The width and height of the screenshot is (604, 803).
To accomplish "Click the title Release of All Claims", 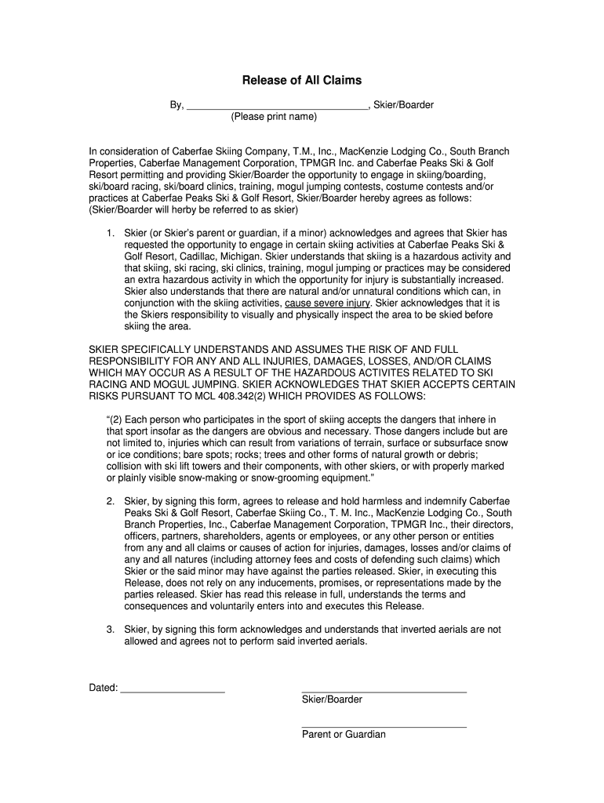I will [302, 80].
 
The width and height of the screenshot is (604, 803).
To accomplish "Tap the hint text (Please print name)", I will [274, 117].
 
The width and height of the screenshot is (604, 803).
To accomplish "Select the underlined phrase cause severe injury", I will [328, 303].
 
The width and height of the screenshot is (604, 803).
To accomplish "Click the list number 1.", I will [111, 233].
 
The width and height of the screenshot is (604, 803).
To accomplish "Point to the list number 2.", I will [111, 501].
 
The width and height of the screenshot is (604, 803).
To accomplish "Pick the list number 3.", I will [111, 629].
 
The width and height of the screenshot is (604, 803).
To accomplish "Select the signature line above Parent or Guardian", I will [384, 727].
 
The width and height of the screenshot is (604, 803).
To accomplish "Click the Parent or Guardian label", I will [344, 735].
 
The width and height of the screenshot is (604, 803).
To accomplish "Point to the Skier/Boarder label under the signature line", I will [332, 699].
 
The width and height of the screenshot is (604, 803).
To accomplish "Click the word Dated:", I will [104, 688].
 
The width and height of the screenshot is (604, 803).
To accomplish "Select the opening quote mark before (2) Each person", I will [107, 420].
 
